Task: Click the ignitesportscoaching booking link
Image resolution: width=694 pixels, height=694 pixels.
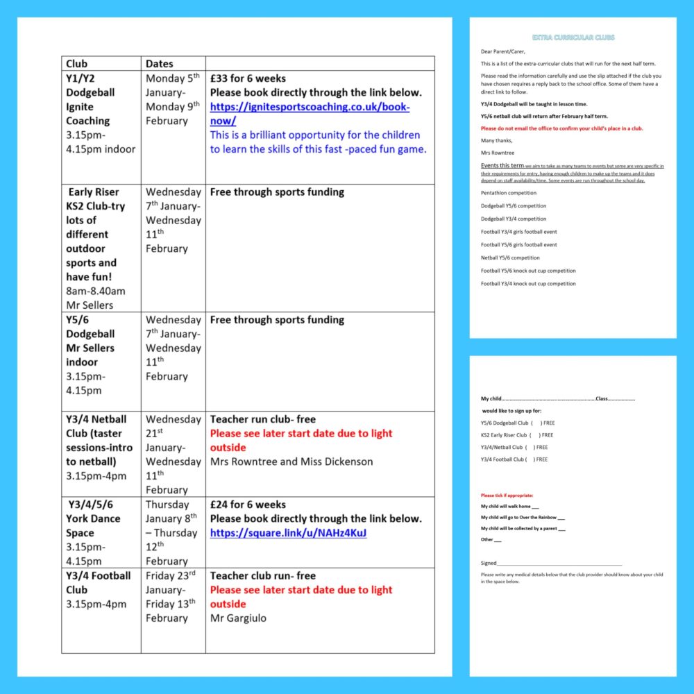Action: [x=310, y=114]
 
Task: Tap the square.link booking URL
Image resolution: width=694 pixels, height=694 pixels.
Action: [x=288, y=533]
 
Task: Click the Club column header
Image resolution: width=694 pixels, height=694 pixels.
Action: [x=77, y=63]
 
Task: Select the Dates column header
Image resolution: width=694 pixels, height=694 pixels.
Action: [x=160, y=63]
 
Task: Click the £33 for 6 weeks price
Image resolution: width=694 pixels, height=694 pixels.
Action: [x=248, y=78]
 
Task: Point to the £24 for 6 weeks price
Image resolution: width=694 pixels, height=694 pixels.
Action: [x=248, y=505]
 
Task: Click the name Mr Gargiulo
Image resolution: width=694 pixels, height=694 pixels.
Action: [x=238, y=618]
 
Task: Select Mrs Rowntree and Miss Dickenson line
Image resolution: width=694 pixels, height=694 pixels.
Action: [x=291, y=462]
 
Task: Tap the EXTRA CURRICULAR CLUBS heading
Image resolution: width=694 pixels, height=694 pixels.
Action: [x=573, y=37]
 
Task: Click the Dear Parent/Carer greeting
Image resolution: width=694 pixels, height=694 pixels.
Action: [x=503, y=51]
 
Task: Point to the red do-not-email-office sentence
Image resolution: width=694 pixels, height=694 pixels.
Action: [x=561, y=128]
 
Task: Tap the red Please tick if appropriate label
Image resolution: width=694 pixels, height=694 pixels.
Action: [x=507, y=496]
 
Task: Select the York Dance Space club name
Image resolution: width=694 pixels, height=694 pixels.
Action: [x=93, y=525]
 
